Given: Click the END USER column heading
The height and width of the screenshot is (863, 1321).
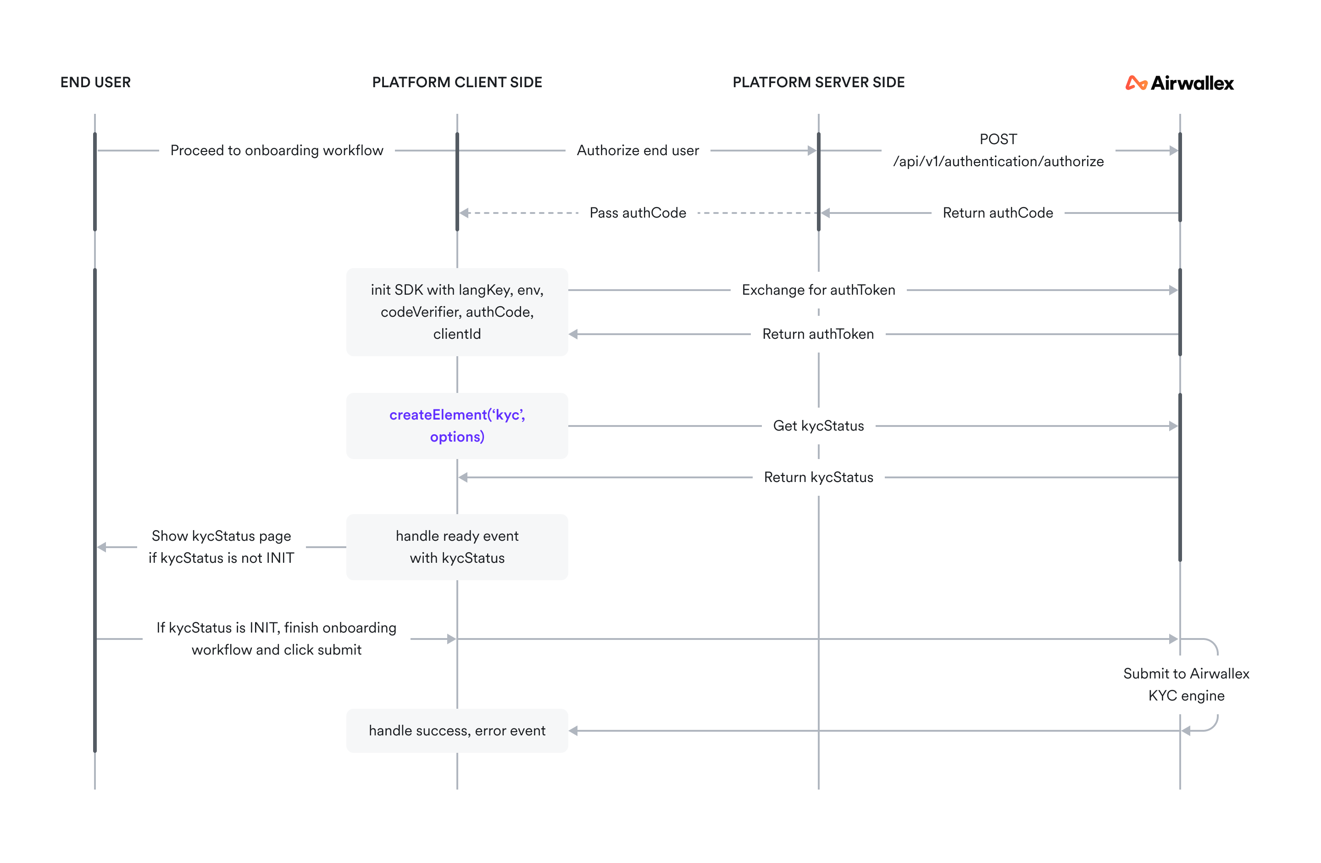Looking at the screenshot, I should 95,82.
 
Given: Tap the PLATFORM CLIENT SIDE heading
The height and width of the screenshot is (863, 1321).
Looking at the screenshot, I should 457,82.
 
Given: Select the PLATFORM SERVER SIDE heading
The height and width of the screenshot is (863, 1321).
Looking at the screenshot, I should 818,82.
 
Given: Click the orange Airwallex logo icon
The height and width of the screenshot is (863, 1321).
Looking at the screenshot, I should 1136,83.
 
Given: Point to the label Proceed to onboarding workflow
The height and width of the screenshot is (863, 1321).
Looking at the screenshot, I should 277,151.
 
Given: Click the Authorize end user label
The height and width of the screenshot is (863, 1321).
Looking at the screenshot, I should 638,151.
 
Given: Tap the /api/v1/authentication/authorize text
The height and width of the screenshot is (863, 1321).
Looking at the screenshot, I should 998,162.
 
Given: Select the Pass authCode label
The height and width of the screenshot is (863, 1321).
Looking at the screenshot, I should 638,213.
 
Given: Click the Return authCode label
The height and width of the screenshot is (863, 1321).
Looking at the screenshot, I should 998,213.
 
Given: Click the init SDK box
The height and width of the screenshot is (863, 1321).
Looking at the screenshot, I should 457,312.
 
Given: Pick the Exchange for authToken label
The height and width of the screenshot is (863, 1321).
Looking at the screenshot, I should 818,290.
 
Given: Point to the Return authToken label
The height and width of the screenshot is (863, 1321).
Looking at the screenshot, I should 818,334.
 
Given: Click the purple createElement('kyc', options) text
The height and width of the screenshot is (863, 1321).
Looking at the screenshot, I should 457,426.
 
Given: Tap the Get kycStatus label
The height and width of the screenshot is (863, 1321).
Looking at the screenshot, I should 818,426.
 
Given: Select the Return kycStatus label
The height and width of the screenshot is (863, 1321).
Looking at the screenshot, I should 818,477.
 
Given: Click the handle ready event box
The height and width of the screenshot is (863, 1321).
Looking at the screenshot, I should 457,547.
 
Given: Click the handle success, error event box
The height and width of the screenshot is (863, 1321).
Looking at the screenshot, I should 457,730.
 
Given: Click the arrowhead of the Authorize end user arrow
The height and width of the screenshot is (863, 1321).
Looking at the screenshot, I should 811,151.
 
